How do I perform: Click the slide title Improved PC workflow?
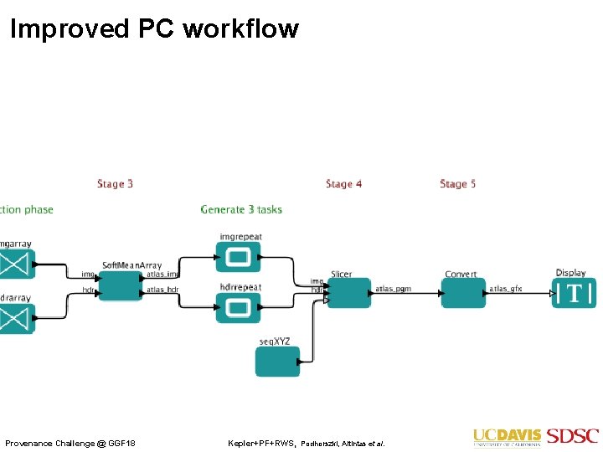click(x=154, y=28)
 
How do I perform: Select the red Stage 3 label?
click(x=116, y=184)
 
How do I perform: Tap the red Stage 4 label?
click(x=343, y=184)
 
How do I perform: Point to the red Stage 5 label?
click(x=457, y=184)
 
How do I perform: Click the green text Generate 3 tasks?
click(x=241, y=209)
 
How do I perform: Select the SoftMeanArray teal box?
click(x=121, y=285)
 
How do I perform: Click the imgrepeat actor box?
click(x=238, y=257)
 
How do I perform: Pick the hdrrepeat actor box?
click(x=238, y=307)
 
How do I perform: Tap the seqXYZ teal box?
click(x=277, y=361)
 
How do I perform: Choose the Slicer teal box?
click(x=348, y=292)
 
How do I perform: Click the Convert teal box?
click(x=462, y=293)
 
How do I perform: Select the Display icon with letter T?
click(x=574, y=293)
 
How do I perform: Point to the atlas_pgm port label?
click(x=393, y=289)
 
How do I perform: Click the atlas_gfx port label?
click(x=506, y=289)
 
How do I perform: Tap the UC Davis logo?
click(x=507, y=436)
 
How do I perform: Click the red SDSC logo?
click(x=573, y=436)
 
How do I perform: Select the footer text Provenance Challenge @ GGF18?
click(x=70, y=442)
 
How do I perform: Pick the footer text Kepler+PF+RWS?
click(x=261, y=442)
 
